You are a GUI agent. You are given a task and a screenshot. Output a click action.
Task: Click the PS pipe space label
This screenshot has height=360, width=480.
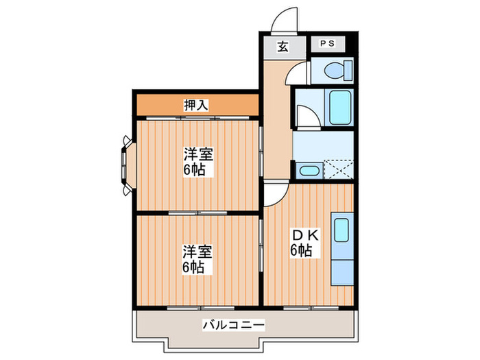pyautogui.click(x=327, y=43)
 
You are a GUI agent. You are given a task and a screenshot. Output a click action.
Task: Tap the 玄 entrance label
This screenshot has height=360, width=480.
pyautogui.click(x=283, y=47)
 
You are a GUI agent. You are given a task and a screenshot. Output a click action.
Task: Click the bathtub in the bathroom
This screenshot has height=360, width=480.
pyautogui.click(x=339, y=108)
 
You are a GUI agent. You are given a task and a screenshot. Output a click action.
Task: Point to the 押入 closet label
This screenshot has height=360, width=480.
pyautogui.click(x=196, y=105)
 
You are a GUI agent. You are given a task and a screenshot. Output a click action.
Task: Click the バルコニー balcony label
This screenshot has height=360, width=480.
pyautogui.click(x=234, y=325)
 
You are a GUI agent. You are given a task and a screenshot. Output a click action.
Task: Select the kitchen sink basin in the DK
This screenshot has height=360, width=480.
pyautogui.click(x=341, y=230)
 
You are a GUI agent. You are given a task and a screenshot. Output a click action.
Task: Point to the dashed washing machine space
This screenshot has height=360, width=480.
pyautogui.click(x=338, y=169)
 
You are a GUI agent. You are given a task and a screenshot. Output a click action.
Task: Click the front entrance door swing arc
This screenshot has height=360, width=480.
pyautogui.click(x=284, y=19)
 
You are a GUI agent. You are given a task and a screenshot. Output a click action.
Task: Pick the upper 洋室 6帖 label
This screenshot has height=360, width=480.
pyautogui.click(x=198, y=162)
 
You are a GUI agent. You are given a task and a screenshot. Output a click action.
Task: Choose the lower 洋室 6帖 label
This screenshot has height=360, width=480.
pyautogui.click(x=197, y=259)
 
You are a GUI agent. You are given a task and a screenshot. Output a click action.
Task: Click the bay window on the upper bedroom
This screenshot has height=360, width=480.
pyautogui.click(x=128, y=166)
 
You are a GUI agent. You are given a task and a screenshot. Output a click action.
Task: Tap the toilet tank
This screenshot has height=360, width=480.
pyautogui.click(x=348, y=71)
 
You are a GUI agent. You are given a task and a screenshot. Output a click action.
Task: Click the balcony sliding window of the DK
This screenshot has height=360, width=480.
pyautogui.click(x=311, y=307)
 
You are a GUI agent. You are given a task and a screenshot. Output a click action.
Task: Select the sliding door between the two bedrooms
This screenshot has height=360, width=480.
pyautogui.click(x=197, y=213)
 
